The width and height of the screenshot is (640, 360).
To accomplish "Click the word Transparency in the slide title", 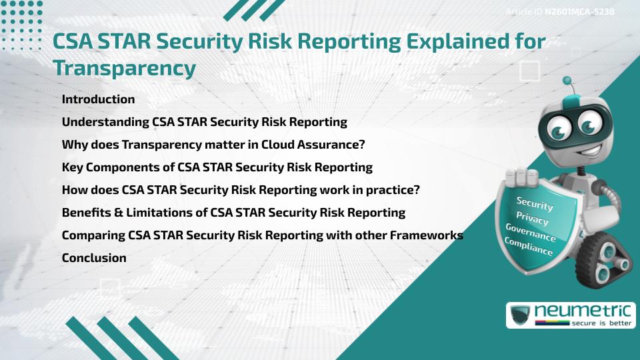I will click(124, 68).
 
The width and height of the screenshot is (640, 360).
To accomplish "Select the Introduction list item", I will click(98, 99).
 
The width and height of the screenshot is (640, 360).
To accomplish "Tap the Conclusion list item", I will click(94, 258).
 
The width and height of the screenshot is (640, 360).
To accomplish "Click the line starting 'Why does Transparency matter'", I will click(213, 145).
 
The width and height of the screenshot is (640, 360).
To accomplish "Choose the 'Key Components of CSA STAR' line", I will click(217, 167).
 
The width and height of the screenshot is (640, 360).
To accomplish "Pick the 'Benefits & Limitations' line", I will click(233, 213).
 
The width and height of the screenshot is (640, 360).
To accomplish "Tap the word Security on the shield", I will click(535, 203).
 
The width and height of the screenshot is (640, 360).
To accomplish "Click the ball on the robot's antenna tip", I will click(568, 81).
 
